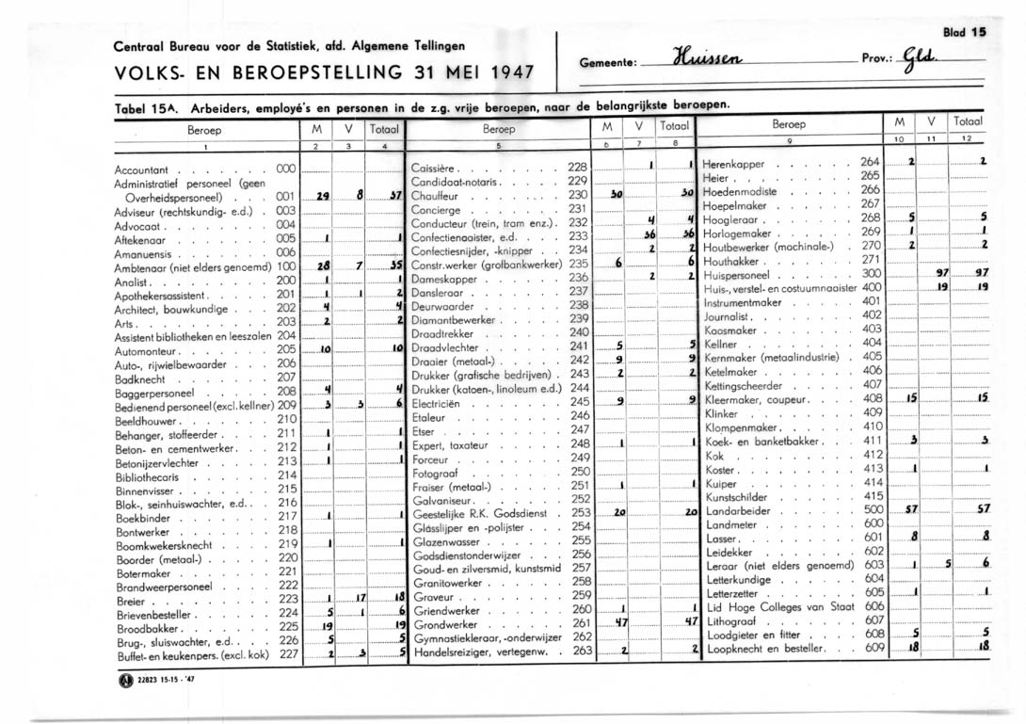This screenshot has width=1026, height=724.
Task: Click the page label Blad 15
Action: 962,31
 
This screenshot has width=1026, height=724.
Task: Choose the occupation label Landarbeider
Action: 742,509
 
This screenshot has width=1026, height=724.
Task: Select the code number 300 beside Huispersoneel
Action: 873,273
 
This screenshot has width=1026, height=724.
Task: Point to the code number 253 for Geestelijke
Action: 581,513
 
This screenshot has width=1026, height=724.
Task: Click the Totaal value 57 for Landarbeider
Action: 983,509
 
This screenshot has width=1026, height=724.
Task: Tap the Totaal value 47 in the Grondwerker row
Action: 690,623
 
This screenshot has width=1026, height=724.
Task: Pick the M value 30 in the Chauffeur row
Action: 613,195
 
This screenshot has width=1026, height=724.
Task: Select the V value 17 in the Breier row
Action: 360,599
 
